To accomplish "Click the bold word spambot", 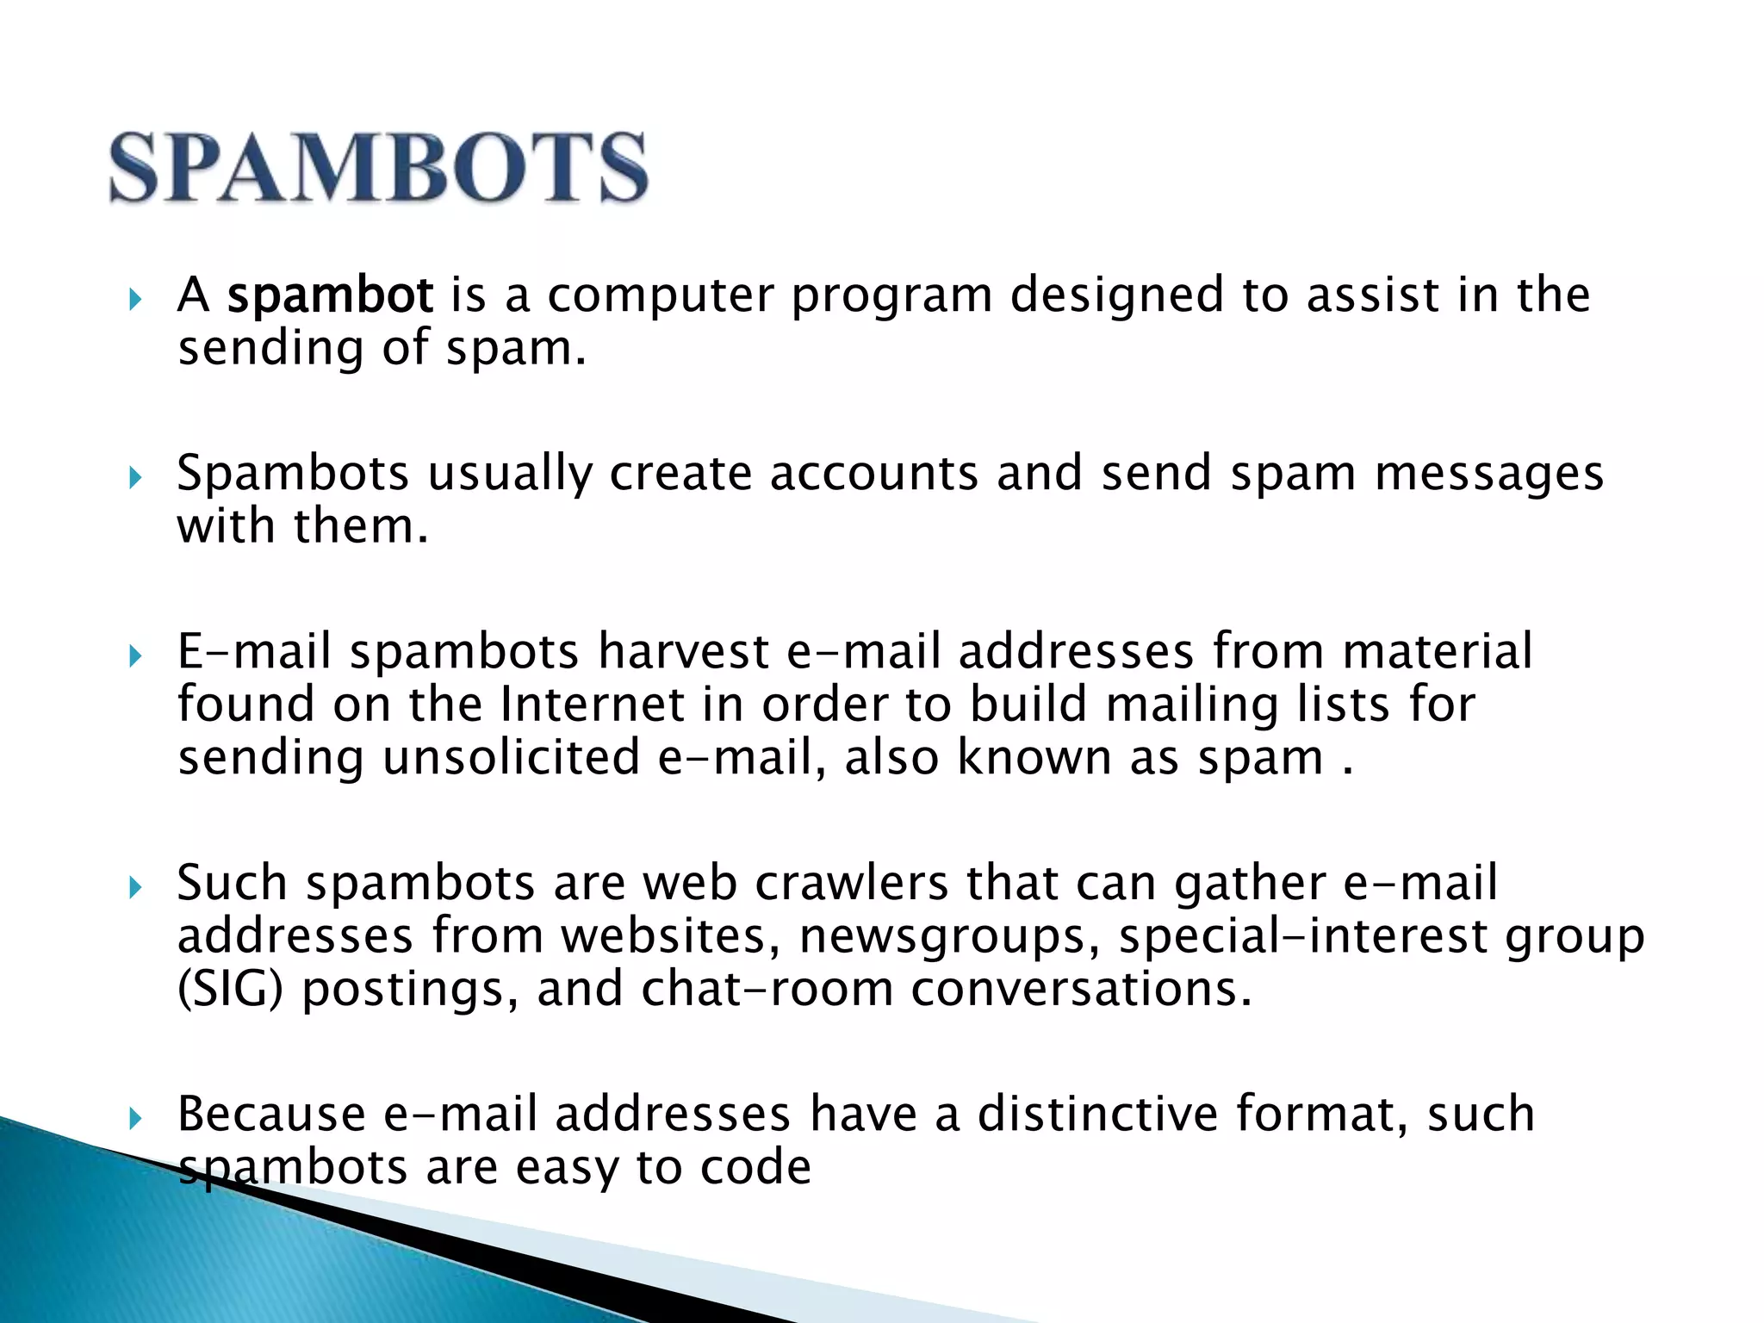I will click(x=330, y=295).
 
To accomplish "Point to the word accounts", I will click(x=873, y=474).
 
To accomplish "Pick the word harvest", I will click(x=683, y=651).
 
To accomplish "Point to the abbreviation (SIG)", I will click(x=230, y=991).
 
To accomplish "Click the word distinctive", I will click(x=1097, y=1114).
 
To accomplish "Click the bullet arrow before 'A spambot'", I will click(x=134, y=300).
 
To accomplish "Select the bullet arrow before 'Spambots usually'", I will click(x=134, y=477).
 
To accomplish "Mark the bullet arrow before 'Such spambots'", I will click(x=134, y=887).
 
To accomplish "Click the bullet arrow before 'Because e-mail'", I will click(x=134, y=1118).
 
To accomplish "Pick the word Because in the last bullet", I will click(x=271, y=1114).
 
